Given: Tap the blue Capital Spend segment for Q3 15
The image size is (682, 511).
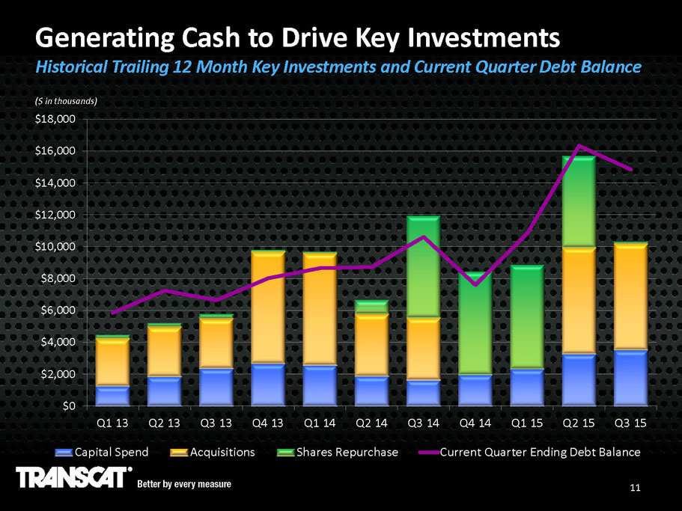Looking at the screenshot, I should pos(630,377).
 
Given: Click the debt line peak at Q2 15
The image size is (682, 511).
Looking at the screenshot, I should pos(578,146).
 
